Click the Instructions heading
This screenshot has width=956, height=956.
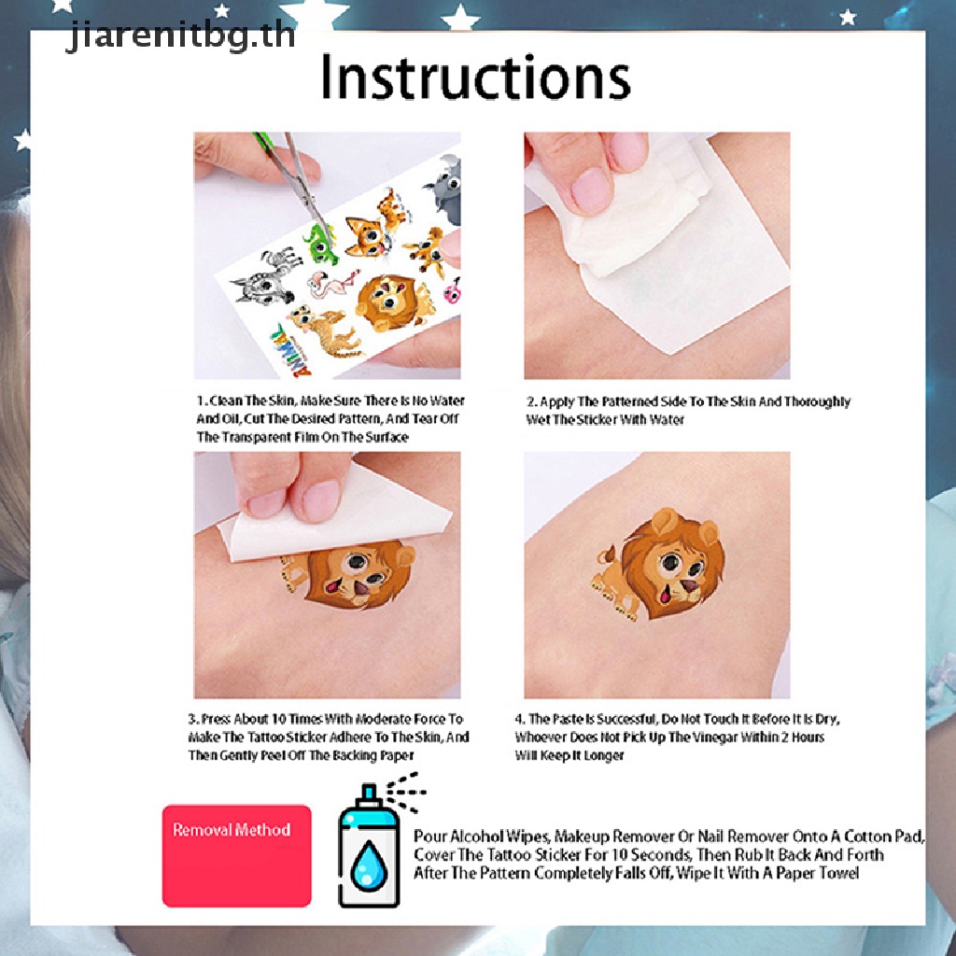coord(475,77)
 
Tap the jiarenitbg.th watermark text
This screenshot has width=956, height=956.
coord(180,35)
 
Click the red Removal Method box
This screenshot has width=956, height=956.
coord(236,855)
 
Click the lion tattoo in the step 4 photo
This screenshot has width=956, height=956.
coord(659,565)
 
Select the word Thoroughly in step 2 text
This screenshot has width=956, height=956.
coord(817,401)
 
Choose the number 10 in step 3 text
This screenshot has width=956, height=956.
coord(278,719)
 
